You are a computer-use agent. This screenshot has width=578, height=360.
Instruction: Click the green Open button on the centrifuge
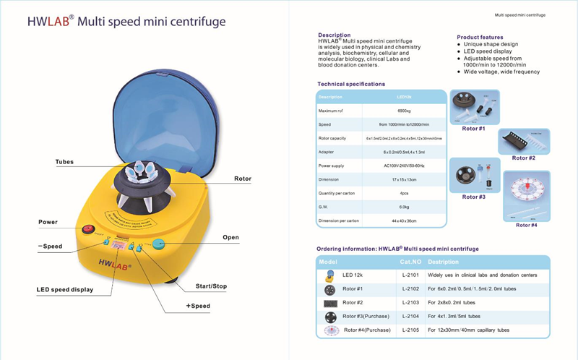point(159,244)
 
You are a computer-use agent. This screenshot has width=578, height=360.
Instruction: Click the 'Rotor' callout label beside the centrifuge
point(242,178)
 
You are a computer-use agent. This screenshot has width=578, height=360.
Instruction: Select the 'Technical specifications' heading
point(351,84)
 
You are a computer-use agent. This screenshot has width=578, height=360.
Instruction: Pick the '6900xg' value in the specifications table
point(404,110)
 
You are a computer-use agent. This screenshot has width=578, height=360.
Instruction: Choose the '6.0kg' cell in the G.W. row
point(404,207)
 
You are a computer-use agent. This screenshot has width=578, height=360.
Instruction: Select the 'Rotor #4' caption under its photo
point(527,225)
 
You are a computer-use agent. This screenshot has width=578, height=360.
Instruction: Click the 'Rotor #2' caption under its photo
point(524,158)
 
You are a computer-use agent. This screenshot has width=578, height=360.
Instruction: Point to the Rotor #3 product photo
point(473,173)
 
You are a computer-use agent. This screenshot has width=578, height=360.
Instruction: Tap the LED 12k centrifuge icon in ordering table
point(330,275)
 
